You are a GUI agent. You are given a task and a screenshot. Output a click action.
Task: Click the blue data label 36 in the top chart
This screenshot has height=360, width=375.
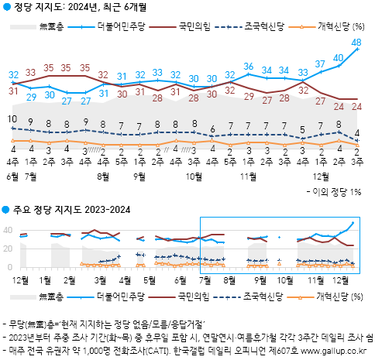point(249,67)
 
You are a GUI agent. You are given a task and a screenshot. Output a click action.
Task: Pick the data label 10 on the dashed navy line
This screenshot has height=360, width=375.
point(13,119)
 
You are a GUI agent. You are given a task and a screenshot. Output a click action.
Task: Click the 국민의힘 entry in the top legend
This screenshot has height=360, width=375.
point(180,27)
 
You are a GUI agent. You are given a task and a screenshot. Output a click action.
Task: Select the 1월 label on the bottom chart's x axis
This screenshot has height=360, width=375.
point(45,278)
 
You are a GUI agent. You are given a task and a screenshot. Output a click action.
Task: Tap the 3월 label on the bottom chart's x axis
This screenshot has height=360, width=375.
point(99,278)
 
